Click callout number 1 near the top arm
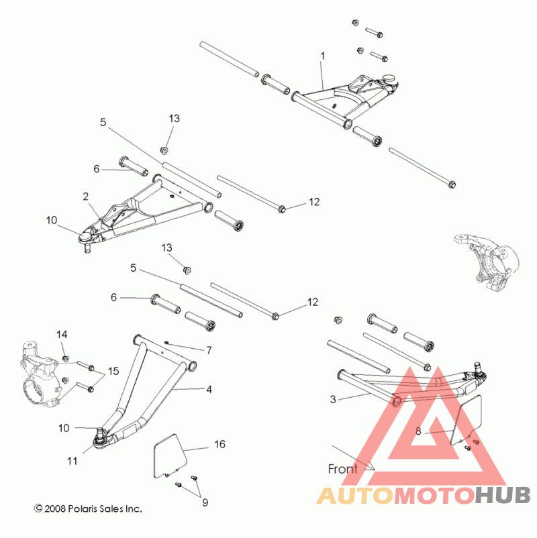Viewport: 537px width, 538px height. tap(322, 56)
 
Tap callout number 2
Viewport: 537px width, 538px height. tap(85, 197)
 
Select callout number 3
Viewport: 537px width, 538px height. tap(333, 399)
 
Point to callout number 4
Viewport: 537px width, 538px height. tap(209, 390)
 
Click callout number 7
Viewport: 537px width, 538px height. tap(209, 350)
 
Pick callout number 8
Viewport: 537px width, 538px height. tap(418, 431)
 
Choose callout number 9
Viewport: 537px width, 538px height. tap(205, 502)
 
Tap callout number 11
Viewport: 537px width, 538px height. tap(72, 461)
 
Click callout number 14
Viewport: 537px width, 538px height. tap(62, 335)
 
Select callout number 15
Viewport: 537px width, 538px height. tap(113, 371)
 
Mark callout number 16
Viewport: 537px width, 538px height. tap(219, 444)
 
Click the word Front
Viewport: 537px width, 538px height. tap(342, 469)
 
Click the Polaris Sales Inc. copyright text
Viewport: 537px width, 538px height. tap(88, 508)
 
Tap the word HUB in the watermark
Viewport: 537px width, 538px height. tap(503, 496)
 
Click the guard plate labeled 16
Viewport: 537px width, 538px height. tap(170, 456)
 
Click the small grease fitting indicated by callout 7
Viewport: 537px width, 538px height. tap(166, 342)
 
